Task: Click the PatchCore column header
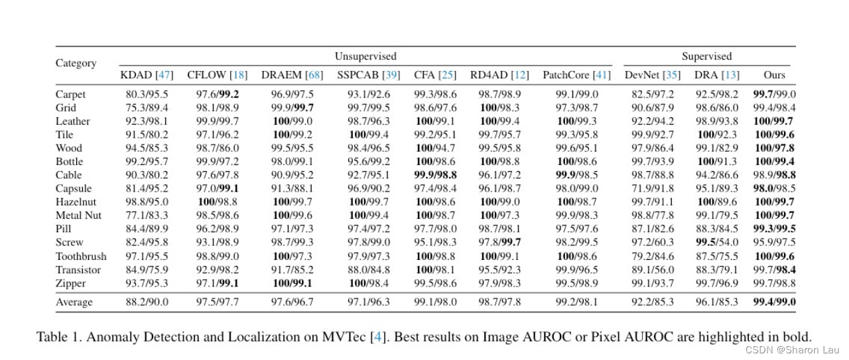click(576, 75)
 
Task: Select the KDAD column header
click(147, 75)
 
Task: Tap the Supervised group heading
click(706, 56)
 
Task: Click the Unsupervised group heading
click(365, 56)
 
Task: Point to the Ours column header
click(774, 75)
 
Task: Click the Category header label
click(76, 64)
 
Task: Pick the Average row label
click(74, 302)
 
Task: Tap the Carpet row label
click(71, 95)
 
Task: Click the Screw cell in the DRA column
click(717, 243)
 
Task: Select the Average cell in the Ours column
click(774, 302)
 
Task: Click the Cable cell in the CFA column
click(434, 175)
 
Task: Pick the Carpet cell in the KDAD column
click(147, 95)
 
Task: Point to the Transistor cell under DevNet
click(653, 270)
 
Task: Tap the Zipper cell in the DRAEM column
click(292, 283)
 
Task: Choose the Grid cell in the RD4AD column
click(499, 108)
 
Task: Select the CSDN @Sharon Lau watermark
click(792, 350)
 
